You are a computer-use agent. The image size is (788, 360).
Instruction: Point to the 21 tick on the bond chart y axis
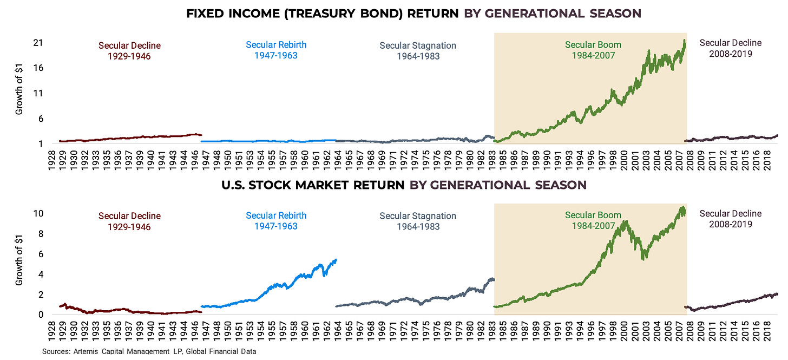tap(38, 43)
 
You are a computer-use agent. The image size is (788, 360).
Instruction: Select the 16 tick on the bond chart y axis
tap(38, 68)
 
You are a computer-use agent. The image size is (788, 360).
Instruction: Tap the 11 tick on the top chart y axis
tap(38, 93)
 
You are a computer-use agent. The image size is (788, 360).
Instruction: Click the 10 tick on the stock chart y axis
tap(38, 214)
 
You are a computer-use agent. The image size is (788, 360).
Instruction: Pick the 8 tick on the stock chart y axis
tap(41, 234)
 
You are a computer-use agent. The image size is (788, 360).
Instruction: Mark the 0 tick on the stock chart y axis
tap(41, 315)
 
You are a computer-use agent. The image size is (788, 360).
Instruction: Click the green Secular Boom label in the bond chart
tap(593, 50)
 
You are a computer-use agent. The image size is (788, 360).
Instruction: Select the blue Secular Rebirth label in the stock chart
tap(276, 221)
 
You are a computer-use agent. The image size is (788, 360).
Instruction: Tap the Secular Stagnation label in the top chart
tap(418, 51)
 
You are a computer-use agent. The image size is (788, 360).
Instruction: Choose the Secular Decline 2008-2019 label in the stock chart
tap(730, 219)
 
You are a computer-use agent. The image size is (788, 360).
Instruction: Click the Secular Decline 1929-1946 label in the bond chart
tap(129, 51)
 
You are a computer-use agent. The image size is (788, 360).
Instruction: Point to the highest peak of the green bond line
tap(684, 40)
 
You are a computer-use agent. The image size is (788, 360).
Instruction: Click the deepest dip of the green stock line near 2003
tap(643, 259)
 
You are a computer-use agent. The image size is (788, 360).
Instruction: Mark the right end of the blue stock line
tap(336, 260)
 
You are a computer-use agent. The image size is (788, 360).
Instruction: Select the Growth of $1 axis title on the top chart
tap(19, 89)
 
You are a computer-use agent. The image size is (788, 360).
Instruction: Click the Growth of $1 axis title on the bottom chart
tap(19, 260)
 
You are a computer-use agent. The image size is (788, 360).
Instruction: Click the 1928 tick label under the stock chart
tap(52, 331)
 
